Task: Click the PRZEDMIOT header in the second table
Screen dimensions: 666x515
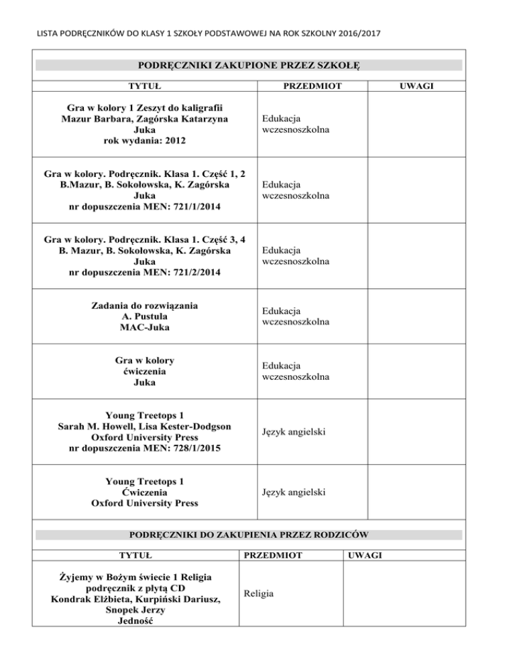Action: pos(272,555)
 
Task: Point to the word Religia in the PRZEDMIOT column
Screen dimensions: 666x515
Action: pos(260,592)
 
